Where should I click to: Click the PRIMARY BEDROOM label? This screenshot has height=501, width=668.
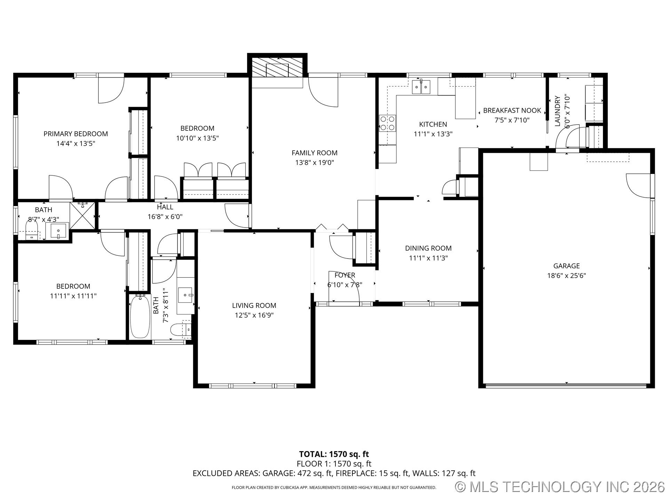pos(75,134)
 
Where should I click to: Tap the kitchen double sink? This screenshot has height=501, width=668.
pos(421,87)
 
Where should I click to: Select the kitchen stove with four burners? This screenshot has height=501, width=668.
pos(388,123)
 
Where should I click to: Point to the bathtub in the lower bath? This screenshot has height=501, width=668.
pos(140,317)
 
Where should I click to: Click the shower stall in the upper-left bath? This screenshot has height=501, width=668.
pos(82,216)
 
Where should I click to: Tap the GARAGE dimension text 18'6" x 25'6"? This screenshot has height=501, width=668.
pos(566,276)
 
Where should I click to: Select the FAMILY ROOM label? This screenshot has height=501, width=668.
pos(315,153)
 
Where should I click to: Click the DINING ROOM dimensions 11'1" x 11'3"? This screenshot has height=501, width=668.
pos(428,258)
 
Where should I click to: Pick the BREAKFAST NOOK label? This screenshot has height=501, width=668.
pos(512,111)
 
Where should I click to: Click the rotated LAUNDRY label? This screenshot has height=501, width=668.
pos(557,111)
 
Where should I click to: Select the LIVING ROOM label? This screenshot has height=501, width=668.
pos(254,305)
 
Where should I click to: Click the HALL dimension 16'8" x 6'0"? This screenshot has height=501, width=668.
pos(165,217)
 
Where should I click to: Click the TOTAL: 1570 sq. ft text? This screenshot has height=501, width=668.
pos(334,454)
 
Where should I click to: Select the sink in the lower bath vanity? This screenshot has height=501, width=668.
pos(186,295)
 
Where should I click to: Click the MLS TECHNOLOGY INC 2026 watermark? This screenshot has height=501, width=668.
pos(560,487)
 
